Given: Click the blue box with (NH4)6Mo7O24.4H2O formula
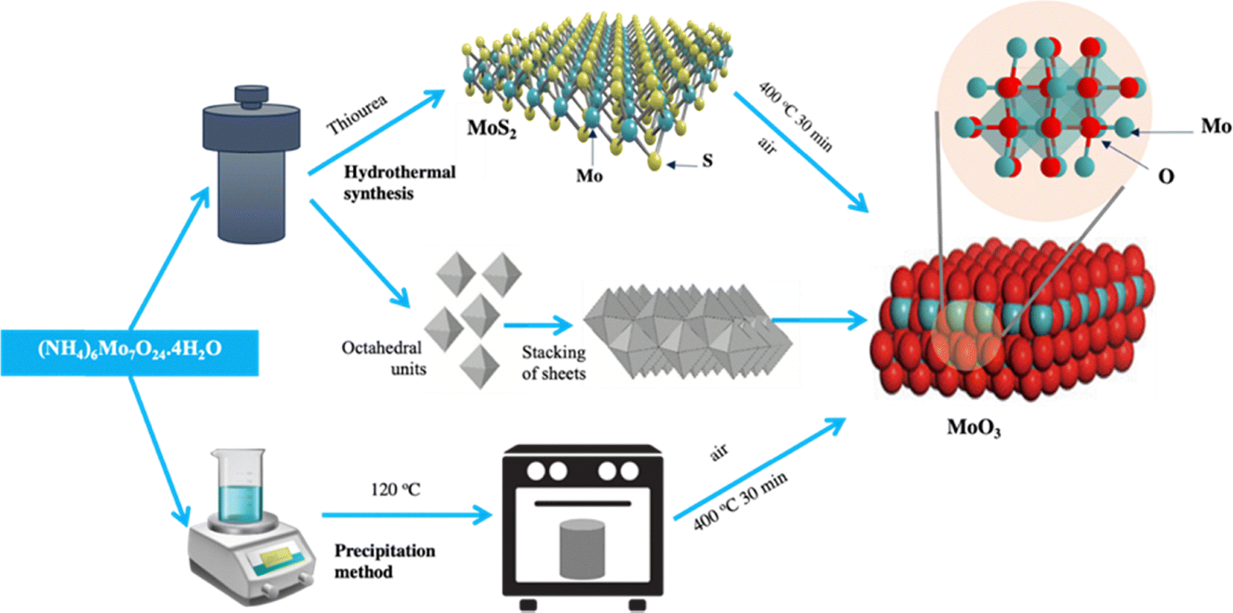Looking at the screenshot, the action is point(129,352).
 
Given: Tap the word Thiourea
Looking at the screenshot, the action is point(357,115).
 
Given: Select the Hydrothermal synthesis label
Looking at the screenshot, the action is point(399,183).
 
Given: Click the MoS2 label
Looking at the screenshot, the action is point(492,129).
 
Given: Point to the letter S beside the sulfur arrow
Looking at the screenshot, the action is point(708,161).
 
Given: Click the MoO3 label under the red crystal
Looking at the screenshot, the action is point(973,427).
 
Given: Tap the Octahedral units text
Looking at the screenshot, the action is point(384,358).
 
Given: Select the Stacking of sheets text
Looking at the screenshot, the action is point(553,363).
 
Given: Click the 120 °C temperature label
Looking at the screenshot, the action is point(395,489).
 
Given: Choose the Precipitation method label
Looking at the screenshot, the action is point(385,561).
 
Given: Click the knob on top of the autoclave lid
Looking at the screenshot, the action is point(252,94).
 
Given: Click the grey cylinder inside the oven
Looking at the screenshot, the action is point(582,548).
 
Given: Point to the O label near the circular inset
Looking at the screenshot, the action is point(1165,176).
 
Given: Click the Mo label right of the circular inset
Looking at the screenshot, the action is point(1215,126).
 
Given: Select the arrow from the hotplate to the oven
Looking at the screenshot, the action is point(407,515).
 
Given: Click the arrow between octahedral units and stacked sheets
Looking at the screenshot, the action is point(539,325).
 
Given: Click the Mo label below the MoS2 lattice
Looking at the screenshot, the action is point(589,175).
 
